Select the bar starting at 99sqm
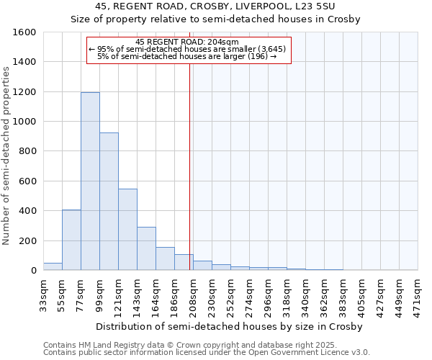pyautogui.click(x=109, y=202)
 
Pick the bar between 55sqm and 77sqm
pyautogui.click(x=71, y=240)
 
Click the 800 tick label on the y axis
pyautogui.click(x=27, y=152)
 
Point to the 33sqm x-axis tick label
pyautogui.click(x=44, y=292)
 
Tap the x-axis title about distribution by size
pyautogui.click(x=228, y=326)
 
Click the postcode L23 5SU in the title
pyautogui.click(x=328, y=7)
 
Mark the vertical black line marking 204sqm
pyautogui.click(x=190, y=166)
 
